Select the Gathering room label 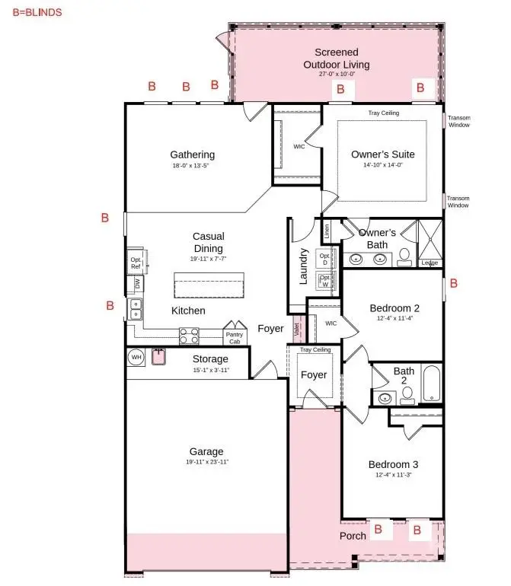click(x=192, y=155)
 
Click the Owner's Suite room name click(x=383, y=154)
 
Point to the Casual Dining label click(x=208, y=243)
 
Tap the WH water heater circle click(x=136, y=356)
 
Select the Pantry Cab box click(x=234, y=336)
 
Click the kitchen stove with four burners click(x=189, y=336)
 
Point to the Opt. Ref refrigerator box click(x=136, y=263)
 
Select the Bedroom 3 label click(x=393, y=464)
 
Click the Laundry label click(x=304, y=266)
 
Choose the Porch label click(x=353, y=536)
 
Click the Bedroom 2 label click(x=394, y=308)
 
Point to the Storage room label click(x=209, y=359)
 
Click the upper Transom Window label click(x=458, y=121)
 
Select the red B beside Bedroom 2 click(x=454, y=283)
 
